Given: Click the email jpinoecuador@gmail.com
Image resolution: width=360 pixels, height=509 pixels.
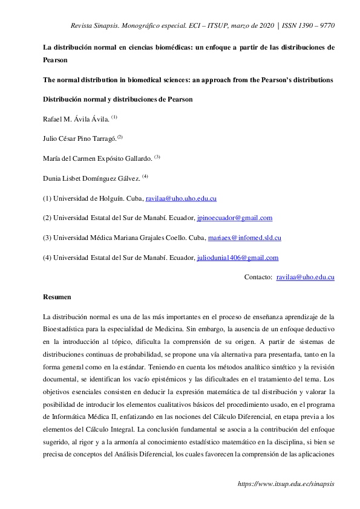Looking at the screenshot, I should (x=235, y=218).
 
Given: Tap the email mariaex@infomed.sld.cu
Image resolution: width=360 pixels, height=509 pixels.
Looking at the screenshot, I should (x=247, y=238).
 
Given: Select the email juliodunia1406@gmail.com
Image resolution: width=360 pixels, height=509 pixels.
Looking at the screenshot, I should (x=238, y=258).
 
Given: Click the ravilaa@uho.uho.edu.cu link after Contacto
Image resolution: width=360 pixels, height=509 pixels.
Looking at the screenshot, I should (x=305, y=277).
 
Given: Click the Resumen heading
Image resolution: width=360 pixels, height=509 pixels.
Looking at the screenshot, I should (x=57, y=297).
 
